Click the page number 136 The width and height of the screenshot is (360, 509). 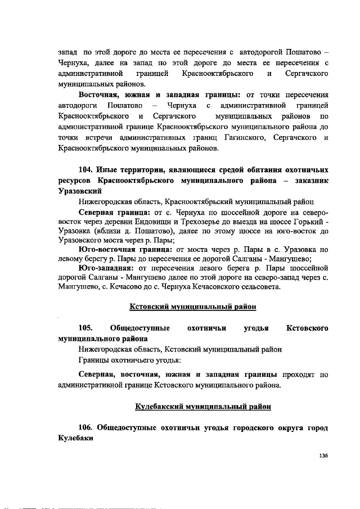coord(323,455)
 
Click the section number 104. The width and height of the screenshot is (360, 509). coord(85,169)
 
